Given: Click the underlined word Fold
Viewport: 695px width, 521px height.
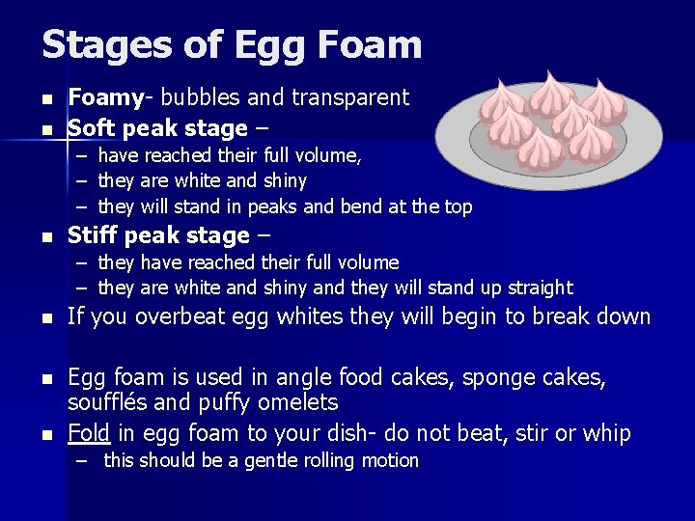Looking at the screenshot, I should (89, 433).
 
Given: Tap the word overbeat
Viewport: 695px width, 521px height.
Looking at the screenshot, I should (177, 316).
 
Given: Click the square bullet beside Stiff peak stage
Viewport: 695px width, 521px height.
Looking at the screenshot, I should (45, 236).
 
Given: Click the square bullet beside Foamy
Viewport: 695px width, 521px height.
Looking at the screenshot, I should (45, 98).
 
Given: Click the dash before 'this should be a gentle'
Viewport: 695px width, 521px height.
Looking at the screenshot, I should (86, 461).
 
